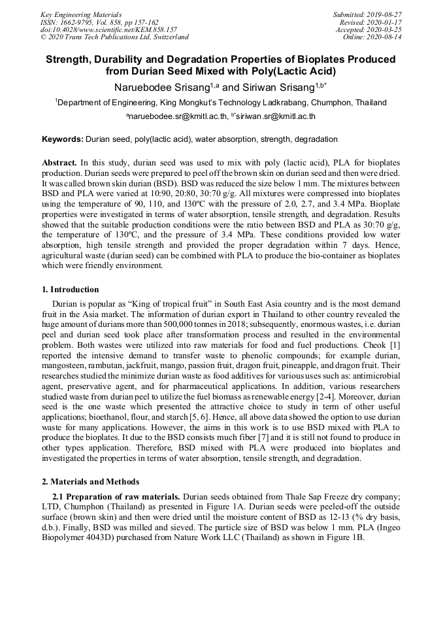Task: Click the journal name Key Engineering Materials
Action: click(80, 14)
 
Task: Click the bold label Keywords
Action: click(62, 139)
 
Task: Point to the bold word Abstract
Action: click(59, 161)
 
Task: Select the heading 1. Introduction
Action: click(71, 290)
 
